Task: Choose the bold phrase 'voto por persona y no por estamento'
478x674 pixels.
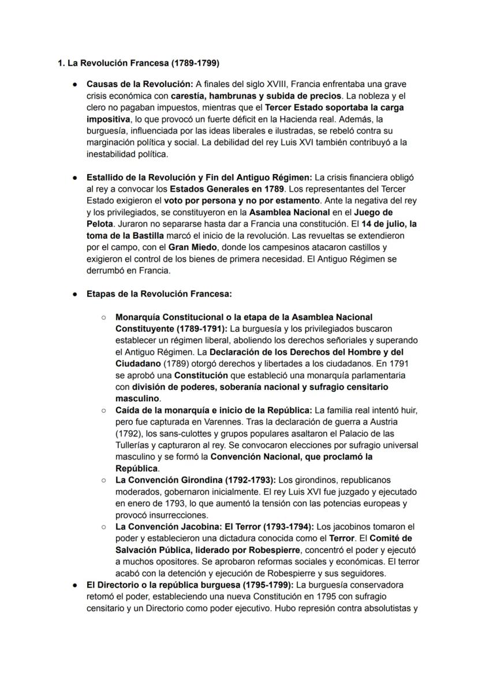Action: pyautogui.click(x=241, y=201)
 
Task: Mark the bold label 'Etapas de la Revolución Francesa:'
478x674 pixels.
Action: pyautogui.click(x=159, y=294)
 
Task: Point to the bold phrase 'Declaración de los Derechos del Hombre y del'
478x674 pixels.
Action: pyautogui.click(x=307, y=352)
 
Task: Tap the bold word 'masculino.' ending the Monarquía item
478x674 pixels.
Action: pyautogui.click(x=138, y=399)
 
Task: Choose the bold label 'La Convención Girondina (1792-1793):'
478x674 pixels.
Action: pyautogui.click(x=196, y=480)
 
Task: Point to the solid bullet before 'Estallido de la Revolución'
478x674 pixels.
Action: pyautogui.click(x=76, y=178)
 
